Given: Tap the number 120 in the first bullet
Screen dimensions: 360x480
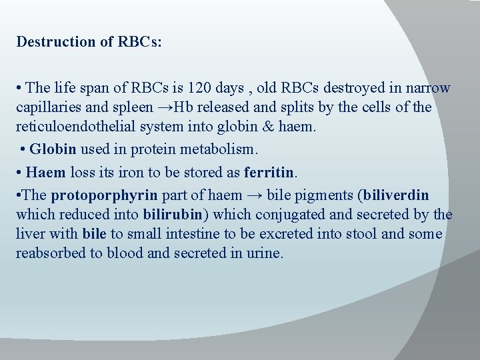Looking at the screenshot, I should [x=198, y=88].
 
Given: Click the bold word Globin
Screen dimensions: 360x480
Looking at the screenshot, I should [x=53, y=149].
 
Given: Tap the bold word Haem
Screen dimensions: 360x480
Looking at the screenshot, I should [x=46, y=172].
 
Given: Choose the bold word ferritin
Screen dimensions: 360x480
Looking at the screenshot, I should [x=269, y=172].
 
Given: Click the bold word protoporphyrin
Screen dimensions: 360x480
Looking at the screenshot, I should [x=105, y=195].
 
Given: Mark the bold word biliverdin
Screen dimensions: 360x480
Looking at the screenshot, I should [x=395, y=195].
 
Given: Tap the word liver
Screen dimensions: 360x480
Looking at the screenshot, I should [x=31, y=234].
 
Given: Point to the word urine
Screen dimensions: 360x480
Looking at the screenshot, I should [x=265, y=253].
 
